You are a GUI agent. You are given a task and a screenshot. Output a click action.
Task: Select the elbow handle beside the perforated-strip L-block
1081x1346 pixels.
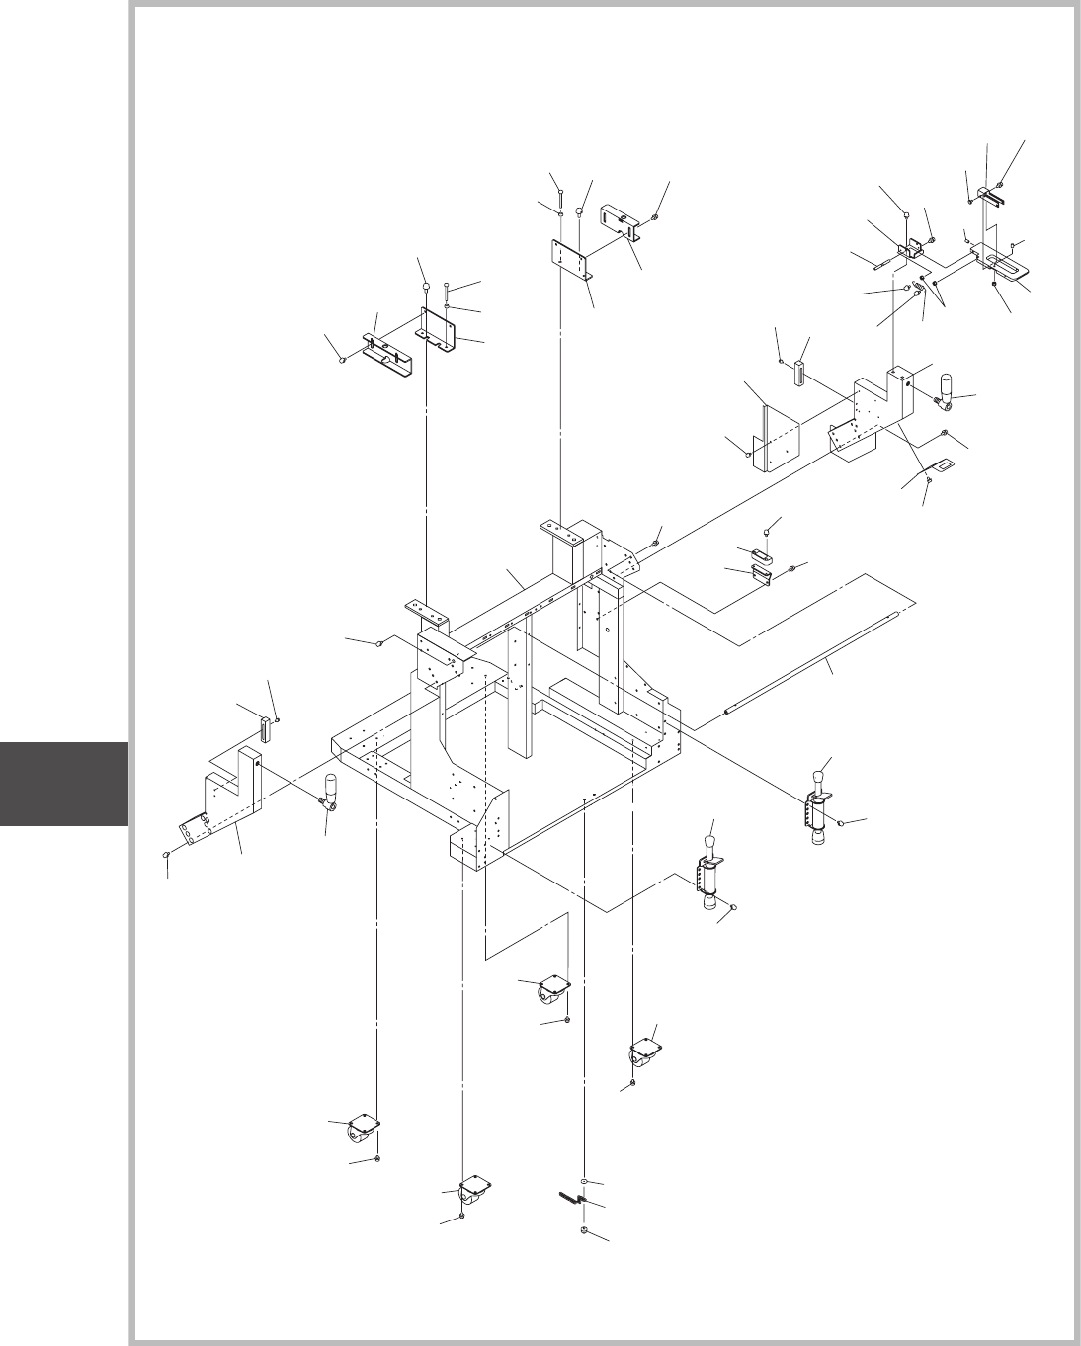coord(331,795)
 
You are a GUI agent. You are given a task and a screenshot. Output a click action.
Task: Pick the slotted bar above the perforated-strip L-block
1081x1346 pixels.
coord(264,728)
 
